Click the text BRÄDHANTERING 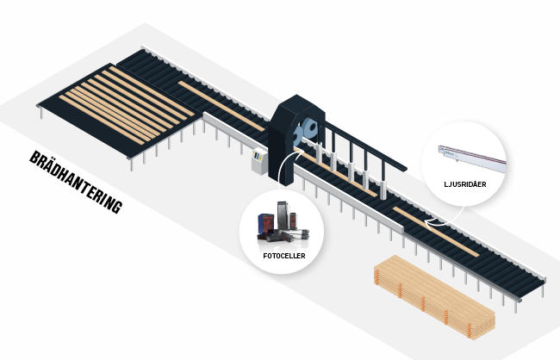coord(76,183)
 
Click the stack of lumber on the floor coord(435,297)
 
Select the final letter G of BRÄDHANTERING coord(118,209)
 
